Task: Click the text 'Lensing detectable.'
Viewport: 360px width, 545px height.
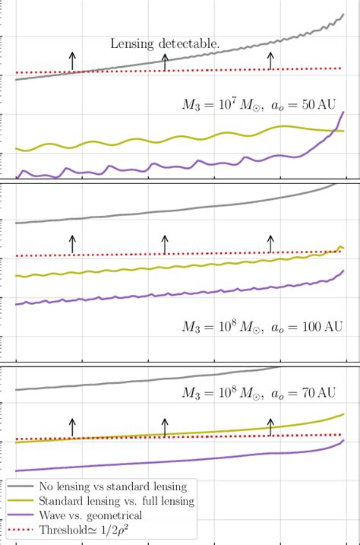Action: point(166,45)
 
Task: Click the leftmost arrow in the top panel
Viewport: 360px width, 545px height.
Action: point(72,62)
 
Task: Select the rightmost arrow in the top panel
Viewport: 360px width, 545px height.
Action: point(270,61)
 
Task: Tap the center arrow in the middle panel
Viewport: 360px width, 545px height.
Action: point(165,244)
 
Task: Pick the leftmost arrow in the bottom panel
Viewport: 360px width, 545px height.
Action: point(72,426)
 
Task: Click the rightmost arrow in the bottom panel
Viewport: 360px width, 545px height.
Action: point(270,426)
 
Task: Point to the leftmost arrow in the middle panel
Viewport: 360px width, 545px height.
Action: point(72,244)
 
